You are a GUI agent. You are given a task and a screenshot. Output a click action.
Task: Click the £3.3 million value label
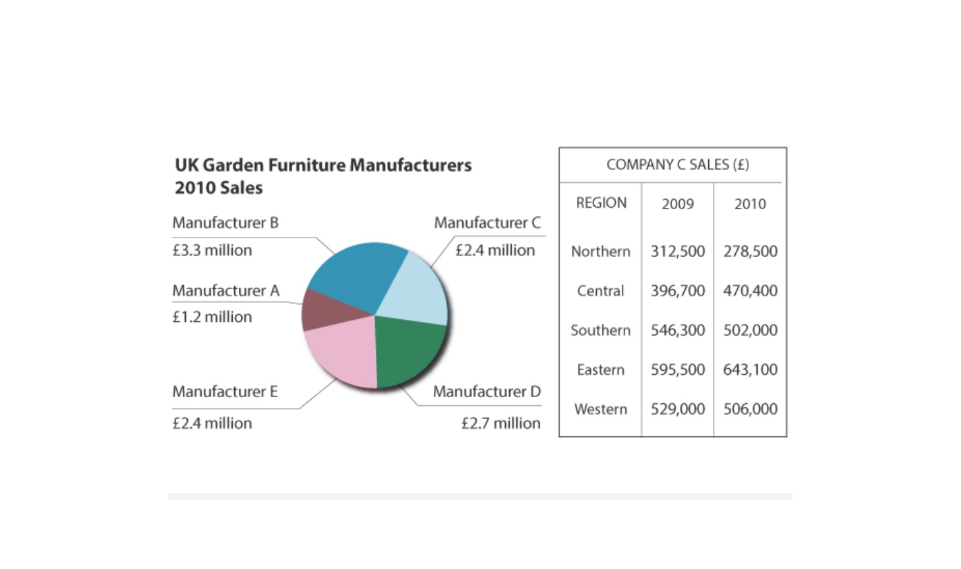(x=212, y=251)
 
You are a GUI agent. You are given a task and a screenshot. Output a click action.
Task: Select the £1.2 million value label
(x=212, y=317)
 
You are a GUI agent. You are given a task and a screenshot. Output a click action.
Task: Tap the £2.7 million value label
(x=501, y=423)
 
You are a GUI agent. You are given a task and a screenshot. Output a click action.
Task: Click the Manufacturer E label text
(x=225, y=392)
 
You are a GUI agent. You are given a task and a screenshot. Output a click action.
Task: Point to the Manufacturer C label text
(x=488, y=223)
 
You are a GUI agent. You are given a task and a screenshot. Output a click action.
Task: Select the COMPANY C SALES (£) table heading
(x=678, y=164)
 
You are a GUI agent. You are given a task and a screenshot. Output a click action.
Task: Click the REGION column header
(x=601, y=203)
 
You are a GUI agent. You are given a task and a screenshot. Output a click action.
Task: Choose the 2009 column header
(x=678, y=204)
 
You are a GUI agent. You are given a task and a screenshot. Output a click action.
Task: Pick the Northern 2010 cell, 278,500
(x=750, y=251)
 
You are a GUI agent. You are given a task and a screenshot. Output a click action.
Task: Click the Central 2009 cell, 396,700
(x=678, y=291)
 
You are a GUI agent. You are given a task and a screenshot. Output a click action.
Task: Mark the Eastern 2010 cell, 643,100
(x=750, y=369)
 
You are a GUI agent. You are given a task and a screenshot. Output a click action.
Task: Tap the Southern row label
(x=600, y=330)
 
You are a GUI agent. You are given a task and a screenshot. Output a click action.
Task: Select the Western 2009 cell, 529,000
(x=678, y=409)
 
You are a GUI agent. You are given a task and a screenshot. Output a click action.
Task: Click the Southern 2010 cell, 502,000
(x=750, y=330)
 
